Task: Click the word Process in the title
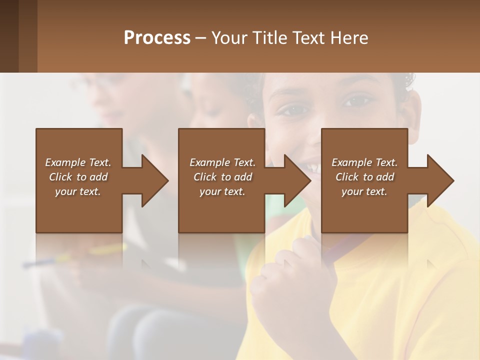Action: (x=157, y=38)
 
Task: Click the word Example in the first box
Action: (x=65, y=162)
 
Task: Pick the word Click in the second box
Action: (x=204, y=177)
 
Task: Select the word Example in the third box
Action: (x=352, y=162)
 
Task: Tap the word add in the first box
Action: (x=98, y=177)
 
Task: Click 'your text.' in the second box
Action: (x=222, y=191)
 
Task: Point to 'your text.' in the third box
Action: (x=364, y=191)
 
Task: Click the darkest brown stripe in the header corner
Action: (x=9, y=36)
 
